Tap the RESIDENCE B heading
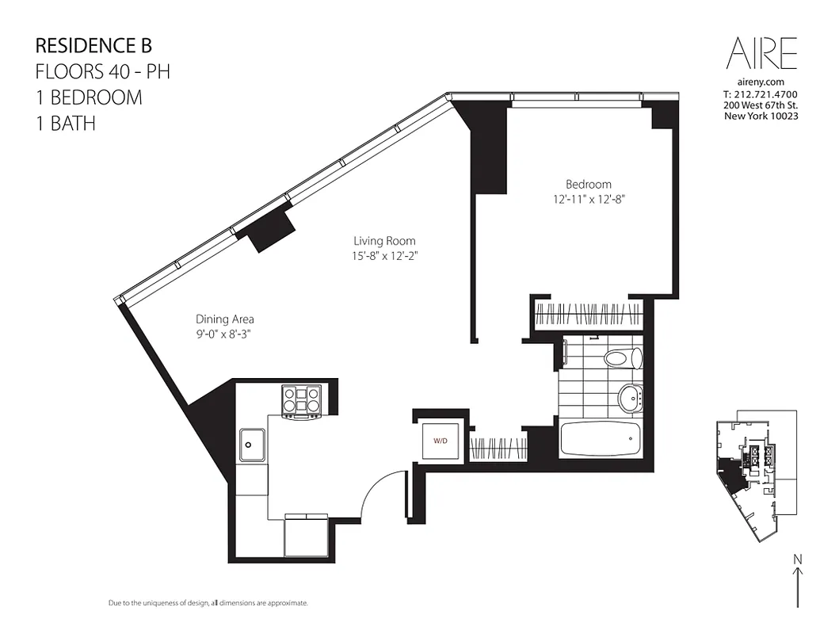click(x=93, y=46)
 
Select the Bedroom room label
click(x=588, y=184)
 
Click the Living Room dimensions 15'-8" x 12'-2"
click(x=384, y=255)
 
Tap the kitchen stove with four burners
click(x=302, y=400)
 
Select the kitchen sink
click(x=253, y=445)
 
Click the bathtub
click(x=600, y=438)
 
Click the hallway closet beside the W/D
click(x=498, y=447)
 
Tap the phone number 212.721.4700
click(x=760, y=94)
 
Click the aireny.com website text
click(x=760, y=82)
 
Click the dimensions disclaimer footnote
click(x=208, y=604)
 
